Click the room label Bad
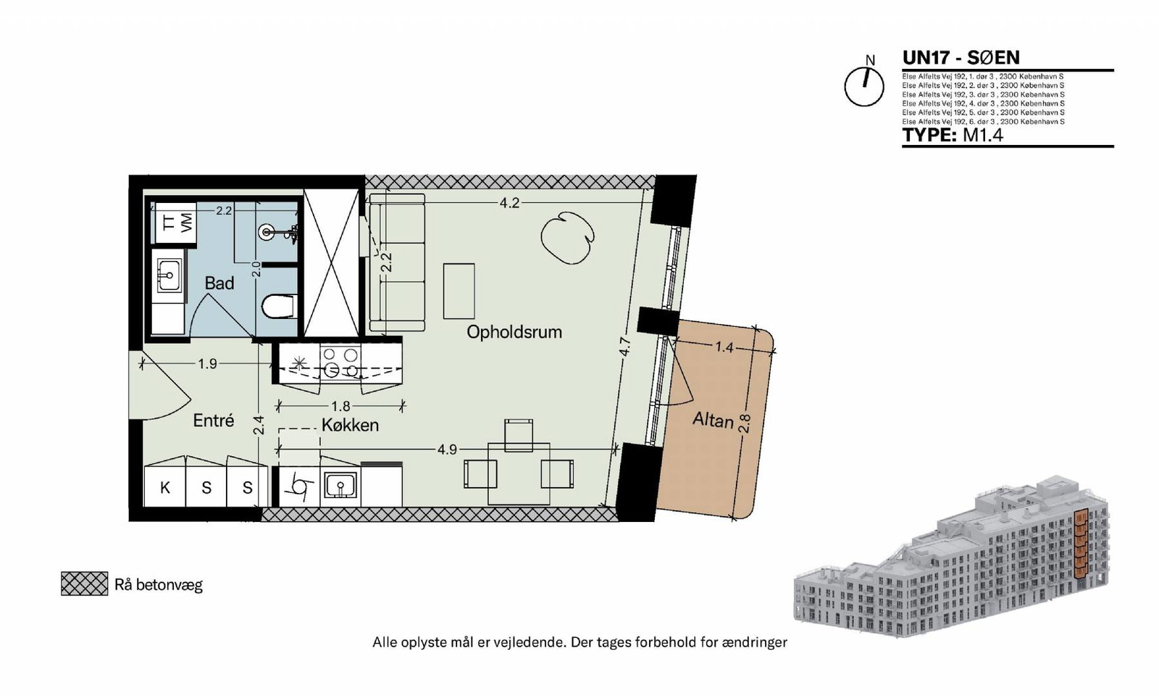point(219,283)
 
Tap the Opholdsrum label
point(514,332)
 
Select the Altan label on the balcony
point(713,420)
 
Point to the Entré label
point(213,420)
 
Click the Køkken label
point(351,425)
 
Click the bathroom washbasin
point(167,275)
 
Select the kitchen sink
point(340,485)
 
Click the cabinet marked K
point(164,487)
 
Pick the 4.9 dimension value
point(447,449)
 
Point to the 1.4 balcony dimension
point(724,347)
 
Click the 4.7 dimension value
point(625,347)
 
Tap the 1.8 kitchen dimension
point(340,406)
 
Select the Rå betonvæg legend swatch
point(84,584)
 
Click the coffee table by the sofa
point(459,291)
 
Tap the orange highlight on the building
point(1080,551)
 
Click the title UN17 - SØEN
point(961,57)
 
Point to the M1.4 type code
point(982,135)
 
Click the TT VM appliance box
point(175,223)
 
